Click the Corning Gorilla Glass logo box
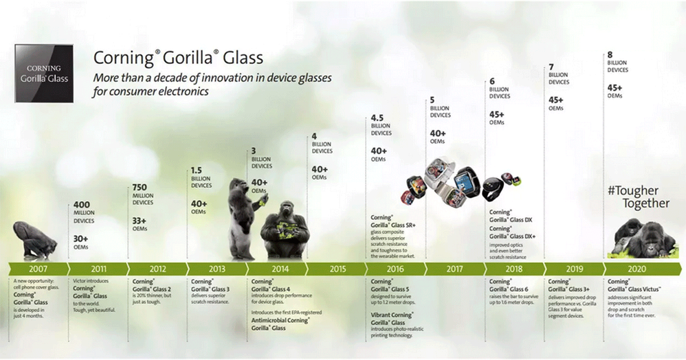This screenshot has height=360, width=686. coord(44,74)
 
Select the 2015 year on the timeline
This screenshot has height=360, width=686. coord(338,269)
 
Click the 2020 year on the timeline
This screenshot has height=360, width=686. coord(637,269)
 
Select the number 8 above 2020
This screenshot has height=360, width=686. coord(610,54)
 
